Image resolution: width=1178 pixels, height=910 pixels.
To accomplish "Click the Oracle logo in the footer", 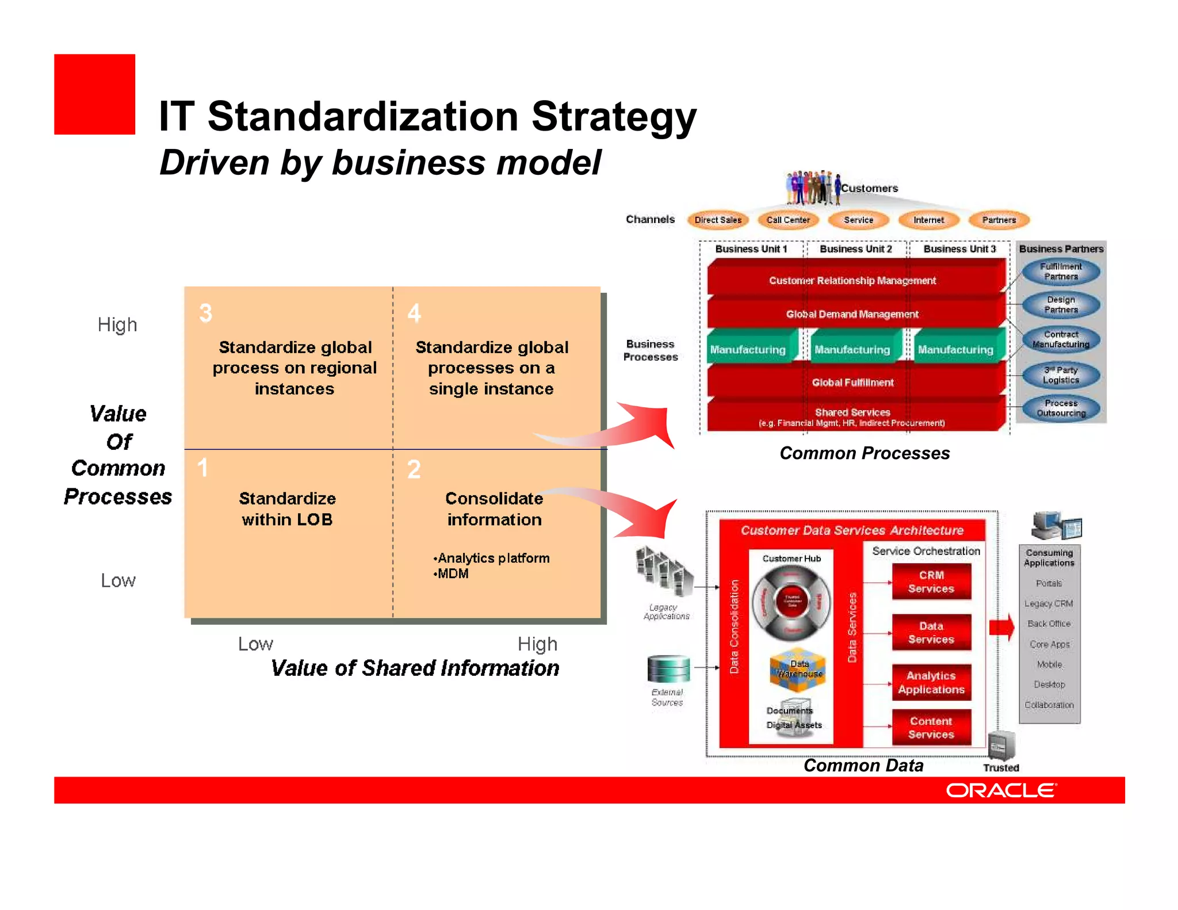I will (1001, 790).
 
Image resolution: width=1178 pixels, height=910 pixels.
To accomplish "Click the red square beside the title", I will (94, 94).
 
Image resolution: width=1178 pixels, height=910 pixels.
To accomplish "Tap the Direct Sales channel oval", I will (717, 220).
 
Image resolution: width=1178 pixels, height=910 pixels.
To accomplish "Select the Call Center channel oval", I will (787, 220).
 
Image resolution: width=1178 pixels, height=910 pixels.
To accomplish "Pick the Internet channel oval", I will (928, 220).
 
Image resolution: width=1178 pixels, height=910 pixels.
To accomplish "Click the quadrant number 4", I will (414, 313).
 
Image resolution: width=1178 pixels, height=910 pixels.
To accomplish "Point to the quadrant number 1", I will (202, 468).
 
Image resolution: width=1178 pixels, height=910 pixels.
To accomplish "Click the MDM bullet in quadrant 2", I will (452, 573).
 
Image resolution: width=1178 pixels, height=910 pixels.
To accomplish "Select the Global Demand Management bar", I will (852, 314).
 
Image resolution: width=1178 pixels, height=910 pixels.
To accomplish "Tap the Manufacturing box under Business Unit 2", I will (852, 349).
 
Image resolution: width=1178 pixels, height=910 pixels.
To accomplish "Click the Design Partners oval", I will (1061, 304).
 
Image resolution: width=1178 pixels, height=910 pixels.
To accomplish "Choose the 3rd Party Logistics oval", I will (1061, 375).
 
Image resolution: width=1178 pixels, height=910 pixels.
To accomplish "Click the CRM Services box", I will (931, 582).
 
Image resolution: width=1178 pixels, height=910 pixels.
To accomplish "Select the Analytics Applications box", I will (931, 682).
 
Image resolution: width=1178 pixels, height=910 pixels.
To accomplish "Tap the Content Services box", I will (931, 728).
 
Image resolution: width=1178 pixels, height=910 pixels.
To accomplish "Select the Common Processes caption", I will (864, 453).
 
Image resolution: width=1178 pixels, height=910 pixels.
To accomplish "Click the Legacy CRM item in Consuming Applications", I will (1049, 603).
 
